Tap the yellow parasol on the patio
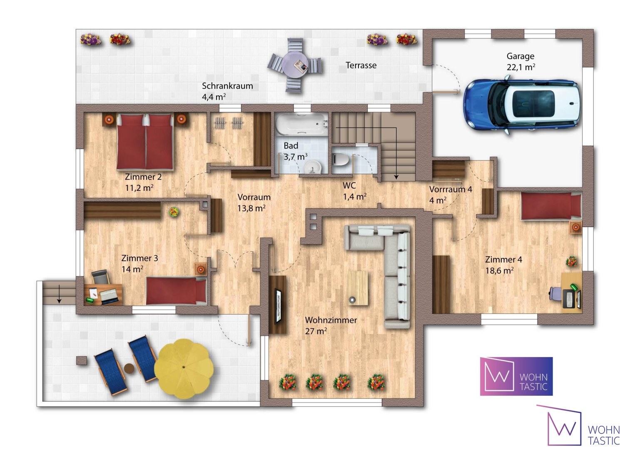click(x=184, y=368)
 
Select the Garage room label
click(x=520, y=56)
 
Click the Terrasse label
click(x=361, y=65)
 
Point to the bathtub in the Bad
click(x=302, y=124)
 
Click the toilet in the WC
click(x=341, y=160)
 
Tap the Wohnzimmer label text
click(x=331, y=320)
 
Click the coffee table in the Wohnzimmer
click(x=358, y=288)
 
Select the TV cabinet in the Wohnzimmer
click(x=278, y=305)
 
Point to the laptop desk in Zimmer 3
click(x=103, y=295)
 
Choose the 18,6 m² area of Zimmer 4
click(x=500, y=270)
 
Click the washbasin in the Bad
click(x=313, y=167)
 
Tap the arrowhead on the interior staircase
click(x=396, y=177)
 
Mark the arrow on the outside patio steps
click(x=59, y=294)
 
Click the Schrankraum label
click(x=227, y=86)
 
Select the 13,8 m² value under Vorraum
click(x=252, y=208)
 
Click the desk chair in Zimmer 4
click(x=556, y=293)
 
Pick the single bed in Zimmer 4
click(x=551, y=206)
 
